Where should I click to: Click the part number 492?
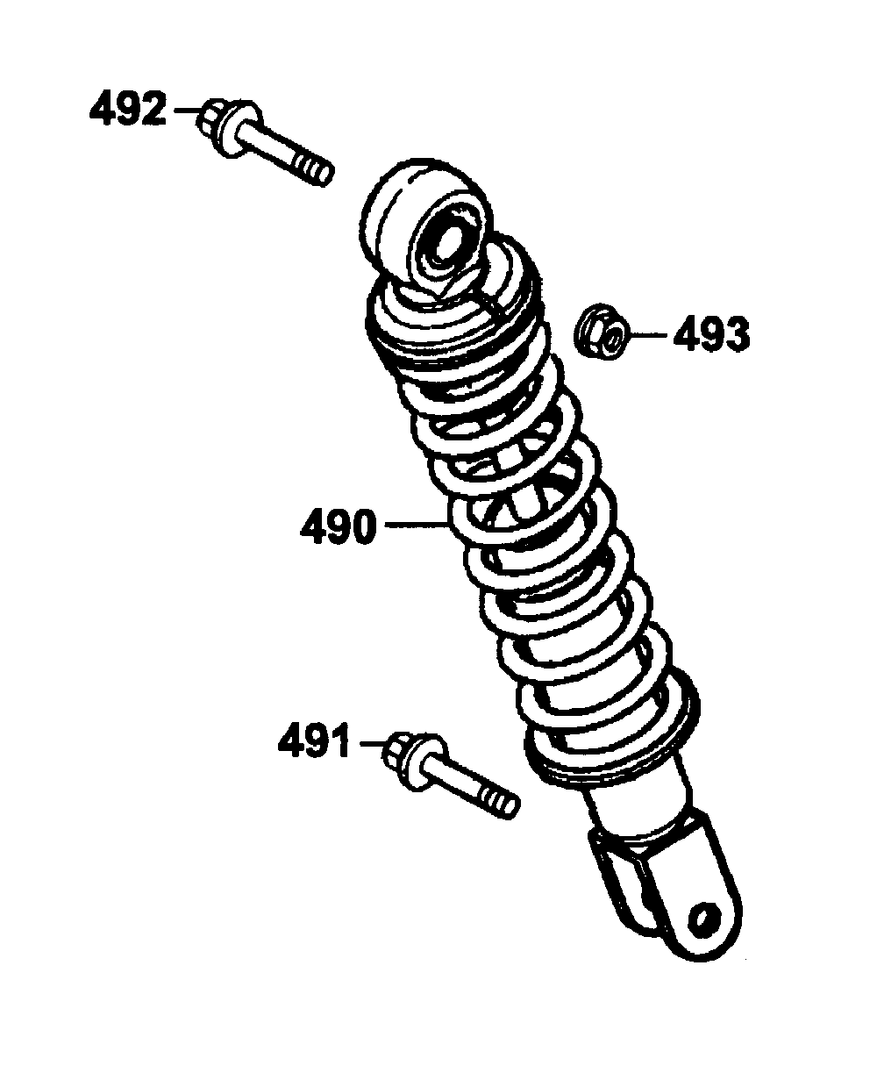point(127,108)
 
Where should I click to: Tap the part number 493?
point(711,334)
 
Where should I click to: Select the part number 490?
point(339,527)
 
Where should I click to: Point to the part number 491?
point(313,743)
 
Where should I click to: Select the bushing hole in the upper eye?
point(446,245)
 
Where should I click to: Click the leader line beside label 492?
point(187,110)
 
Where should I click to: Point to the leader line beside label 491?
point(372,744)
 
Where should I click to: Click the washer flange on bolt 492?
point(239,129)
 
